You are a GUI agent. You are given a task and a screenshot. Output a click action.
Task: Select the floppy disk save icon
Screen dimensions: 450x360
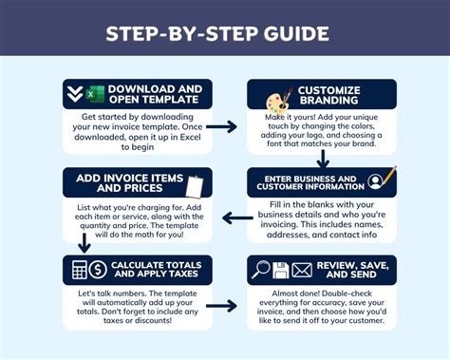[x=282, y=270]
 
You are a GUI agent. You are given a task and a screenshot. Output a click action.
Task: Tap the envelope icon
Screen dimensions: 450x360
[x=303, y=270]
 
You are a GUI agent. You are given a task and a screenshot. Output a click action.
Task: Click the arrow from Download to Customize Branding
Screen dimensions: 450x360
[x=221, y=125]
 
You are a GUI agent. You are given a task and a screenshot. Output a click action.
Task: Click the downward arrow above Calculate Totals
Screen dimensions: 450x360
[x=84, y=243]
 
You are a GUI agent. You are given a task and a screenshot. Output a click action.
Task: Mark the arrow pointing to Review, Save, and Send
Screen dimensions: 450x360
[x=221, y=306]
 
